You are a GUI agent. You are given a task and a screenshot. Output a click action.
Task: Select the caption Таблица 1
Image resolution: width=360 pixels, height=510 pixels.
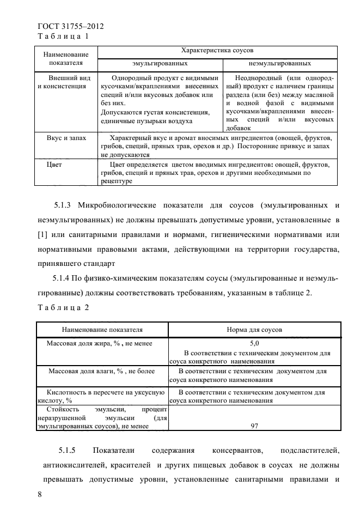pos(63,36)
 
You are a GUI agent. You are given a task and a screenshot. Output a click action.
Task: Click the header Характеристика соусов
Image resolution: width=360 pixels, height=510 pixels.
pos(217,50)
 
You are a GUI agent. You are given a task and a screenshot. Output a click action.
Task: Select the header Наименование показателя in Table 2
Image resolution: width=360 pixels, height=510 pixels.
pos(102,330)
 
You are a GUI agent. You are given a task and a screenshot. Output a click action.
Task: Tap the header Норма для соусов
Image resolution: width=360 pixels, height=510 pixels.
pos(254,330)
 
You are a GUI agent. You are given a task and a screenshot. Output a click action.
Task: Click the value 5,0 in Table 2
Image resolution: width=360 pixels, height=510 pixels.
pos(254,344)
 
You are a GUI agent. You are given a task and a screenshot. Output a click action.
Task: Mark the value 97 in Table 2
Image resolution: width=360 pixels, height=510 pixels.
pos(254,427)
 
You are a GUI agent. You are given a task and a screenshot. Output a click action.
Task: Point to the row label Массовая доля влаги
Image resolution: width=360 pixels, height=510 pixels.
pos(101,371)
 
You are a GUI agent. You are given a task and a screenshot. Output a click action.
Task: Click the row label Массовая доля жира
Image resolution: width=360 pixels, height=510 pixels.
pos(99,344)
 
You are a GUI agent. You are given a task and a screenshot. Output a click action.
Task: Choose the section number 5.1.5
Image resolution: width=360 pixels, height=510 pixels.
pos(69,451)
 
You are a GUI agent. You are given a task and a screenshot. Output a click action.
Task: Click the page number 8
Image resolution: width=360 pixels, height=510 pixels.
pos(39,494)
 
